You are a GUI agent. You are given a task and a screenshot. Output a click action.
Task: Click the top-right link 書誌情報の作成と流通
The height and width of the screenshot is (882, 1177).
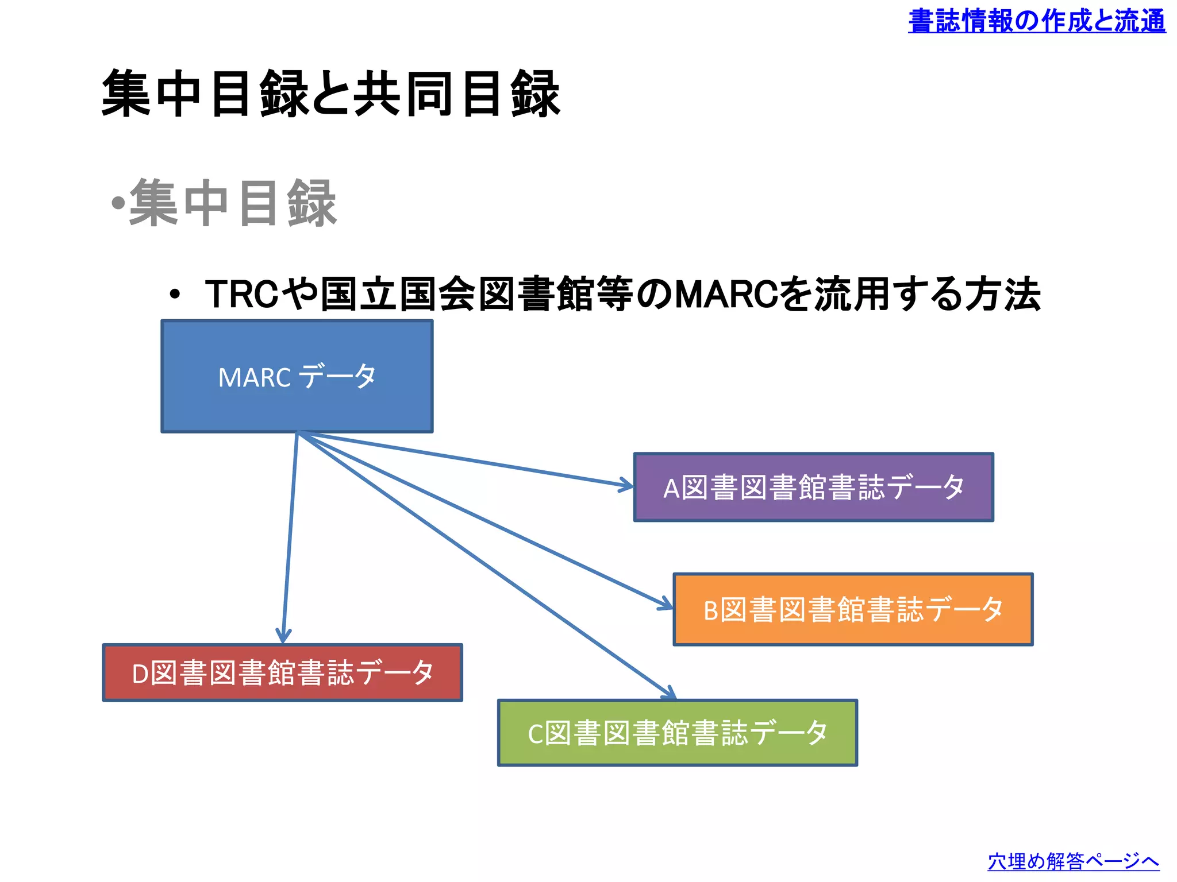click(x=1036, y=21)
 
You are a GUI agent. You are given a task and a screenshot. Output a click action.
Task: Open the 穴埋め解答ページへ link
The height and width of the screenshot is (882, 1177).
click(x=1073, y=861)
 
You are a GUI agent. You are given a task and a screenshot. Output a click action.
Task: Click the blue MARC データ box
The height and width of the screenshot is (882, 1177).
click(x=297, y=376)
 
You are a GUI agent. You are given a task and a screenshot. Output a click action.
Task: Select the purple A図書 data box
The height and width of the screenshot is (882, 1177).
click(x=813, y=487)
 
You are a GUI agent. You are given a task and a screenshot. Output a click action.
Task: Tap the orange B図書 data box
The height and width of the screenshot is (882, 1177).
click(x=853, y=609)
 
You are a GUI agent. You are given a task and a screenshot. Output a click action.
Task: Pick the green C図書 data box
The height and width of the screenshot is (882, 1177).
click(x=677, y=733)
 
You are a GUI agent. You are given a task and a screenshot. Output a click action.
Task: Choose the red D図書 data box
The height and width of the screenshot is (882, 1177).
click(x=282, y=672)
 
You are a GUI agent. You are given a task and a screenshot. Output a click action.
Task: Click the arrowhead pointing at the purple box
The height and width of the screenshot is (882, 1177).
click(x=628, y=486)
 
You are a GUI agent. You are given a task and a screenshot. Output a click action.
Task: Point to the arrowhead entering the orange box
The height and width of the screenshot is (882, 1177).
click(x=667, y=605)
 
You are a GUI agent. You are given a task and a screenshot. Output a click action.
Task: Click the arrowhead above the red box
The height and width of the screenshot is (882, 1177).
click(x=283, y=637)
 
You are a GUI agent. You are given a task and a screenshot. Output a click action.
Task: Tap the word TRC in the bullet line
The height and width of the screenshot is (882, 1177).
click(x=242, y=295)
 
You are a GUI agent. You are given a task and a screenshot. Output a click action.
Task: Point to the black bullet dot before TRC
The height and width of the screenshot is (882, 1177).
click(x=175, y=296)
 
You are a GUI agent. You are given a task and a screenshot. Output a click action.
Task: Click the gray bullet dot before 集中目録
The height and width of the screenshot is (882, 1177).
click(x=118, y=203)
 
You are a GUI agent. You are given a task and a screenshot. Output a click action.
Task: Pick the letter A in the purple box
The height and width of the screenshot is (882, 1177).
click(x=671, y=489)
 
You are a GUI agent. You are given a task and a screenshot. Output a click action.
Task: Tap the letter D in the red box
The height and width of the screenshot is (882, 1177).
click(x=140, y=674)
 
